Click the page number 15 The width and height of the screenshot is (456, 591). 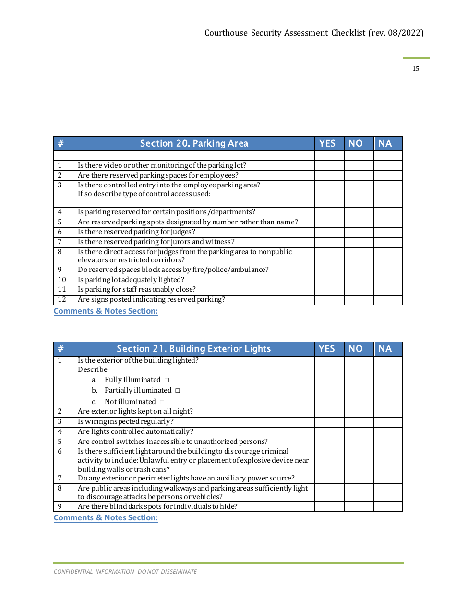416,69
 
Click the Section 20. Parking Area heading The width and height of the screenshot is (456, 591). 194,143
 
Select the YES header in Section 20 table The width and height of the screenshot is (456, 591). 327,143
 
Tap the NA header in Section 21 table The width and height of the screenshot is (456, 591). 385,349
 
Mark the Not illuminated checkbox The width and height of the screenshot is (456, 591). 162,402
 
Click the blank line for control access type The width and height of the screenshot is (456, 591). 128,204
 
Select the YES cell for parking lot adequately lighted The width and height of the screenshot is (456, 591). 329,280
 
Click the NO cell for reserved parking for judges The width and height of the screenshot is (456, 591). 359,232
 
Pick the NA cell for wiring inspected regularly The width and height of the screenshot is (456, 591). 388,421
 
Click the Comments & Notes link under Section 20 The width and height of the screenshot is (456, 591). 106,311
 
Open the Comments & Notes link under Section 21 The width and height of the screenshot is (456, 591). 106,517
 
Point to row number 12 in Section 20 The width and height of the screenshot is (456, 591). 62,299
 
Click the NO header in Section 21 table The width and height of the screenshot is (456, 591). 356,349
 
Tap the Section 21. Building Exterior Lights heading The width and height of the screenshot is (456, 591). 194,349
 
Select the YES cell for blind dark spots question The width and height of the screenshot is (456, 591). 329,506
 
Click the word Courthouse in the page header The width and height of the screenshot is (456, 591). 226,33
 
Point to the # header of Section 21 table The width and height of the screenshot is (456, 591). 61,349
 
